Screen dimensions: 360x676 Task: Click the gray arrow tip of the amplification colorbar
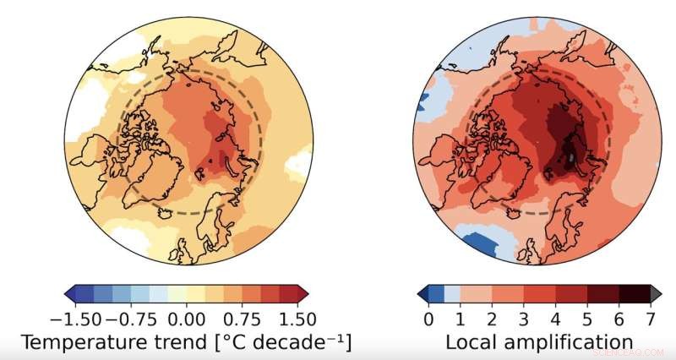[x=656, y=293]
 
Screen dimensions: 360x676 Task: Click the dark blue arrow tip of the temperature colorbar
[x=70, y=293]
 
